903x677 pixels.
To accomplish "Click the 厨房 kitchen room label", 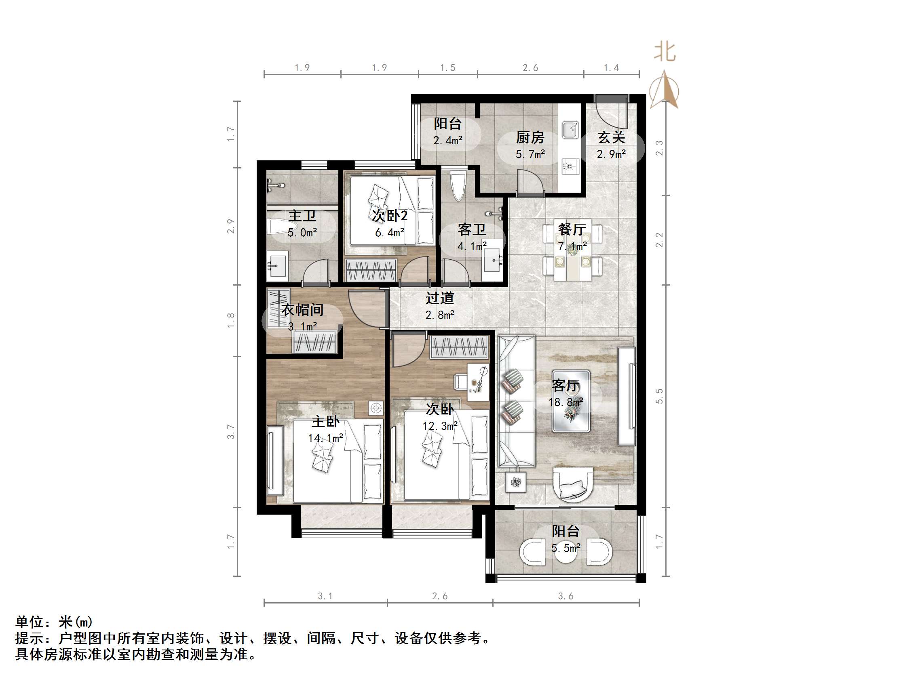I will (x=530, y=138).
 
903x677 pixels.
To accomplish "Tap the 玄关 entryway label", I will (x=611, y=138).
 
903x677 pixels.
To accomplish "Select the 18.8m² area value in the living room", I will (x=565, y=402).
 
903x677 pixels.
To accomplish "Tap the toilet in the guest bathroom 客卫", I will (x=458, y=186).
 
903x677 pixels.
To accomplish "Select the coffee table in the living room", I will (x=571, y=401).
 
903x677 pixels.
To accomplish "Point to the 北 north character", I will (x=665, y=52).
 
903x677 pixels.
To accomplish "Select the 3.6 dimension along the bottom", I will (x=566, y=596).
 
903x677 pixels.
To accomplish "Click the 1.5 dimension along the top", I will (x=447, y=68).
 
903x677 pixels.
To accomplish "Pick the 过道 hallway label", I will (x=440, y=298).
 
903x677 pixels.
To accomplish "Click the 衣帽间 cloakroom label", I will (x=302, y=310).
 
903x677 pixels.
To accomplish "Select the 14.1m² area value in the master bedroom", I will (x=325, y=438).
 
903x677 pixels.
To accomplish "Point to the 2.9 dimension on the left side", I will (x=231, y=227).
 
